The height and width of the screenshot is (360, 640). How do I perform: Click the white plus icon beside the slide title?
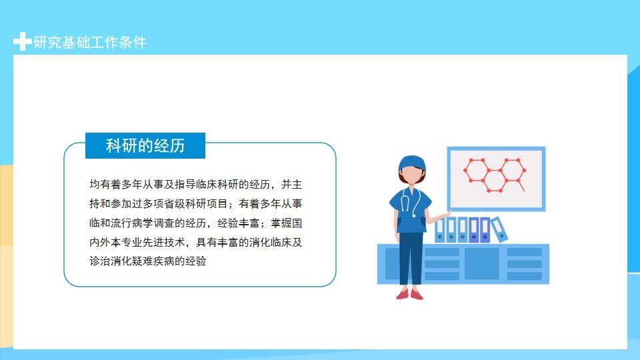click(x=22, y=42)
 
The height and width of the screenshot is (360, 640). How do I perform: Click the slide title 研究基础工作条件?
click(x=90, y=43)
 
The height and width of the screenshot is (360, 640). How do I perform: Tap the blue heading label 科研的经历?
click(x=145, y=146)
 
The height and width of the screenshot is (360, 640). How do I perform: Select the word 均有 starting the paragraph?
click(x=95, y=184)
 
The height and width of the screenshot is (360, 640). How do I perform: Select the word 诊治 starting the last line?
click(x=95, y=261)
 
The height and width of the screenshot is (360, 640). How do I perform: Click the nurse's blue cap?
click(x=411, y=163)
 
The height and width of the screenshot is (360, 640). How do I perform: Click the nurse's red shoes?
click(x=410, y=293)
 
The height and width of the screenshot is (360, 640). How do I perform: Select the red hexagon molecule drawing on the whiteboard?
click(x=495, y=175)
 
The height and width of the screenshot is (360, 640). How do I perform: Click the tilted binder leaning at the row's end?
click(x=499, y=229)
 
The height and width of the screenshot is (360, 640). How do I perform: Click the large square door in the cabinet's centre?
click(x=481, y=263)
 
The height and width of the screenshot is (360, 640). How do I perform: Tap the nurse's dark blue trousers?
click(x=411, y=259)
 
